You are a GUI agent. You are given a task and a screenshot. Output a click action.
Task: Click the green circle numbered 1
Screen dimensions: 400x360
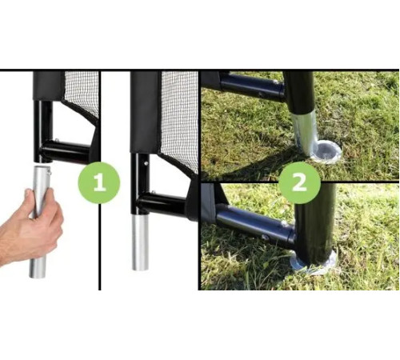pyautogui.click(x=99, y=183)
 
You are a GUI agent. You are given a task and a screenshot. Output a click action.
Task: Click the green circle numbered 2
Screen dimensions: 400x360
pyautogui.click(x=299, y=183)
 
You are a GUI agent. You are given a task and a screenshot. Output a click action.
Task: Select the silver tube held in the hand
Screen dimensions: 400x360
pyautogui.click(x=39, y=222)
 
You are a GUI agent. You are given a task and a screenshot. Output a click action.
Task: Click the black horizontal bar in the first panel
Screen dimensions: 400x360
pyautogui.click(x=65, y=152)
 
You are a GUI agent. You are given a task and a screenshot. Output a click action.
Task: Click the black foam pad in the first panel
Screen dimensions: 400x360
pyautogui.click(x=49, y=86)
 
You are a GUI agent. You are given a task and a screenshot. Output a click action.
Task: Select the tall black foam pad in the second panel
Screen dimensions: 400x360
pyautogui.click(x=146, y=112)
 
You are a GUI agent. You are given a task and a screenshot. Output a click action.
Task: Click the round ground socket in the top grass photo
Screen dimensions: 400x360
pyautogui.click(x=326, y=151)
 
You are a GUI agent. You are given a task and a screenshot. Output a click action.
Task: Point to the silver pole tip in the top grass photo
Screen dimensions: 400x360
pyautogui.click(x=306, y=134)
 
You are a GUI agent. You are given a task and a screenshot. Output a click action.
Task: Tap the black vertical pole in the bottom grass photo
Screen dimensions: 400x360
pyautogui.click(x=315, y=226)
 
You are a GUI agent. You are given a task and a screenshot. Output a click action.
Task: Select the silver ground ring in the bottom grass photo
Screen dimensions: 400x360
pyautogui.click(x=314, y=262)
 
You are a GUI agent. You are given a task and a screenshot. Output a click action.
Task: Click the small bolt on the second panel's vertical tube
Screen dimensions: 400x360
pyautogui.click(x=146, y=162)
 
